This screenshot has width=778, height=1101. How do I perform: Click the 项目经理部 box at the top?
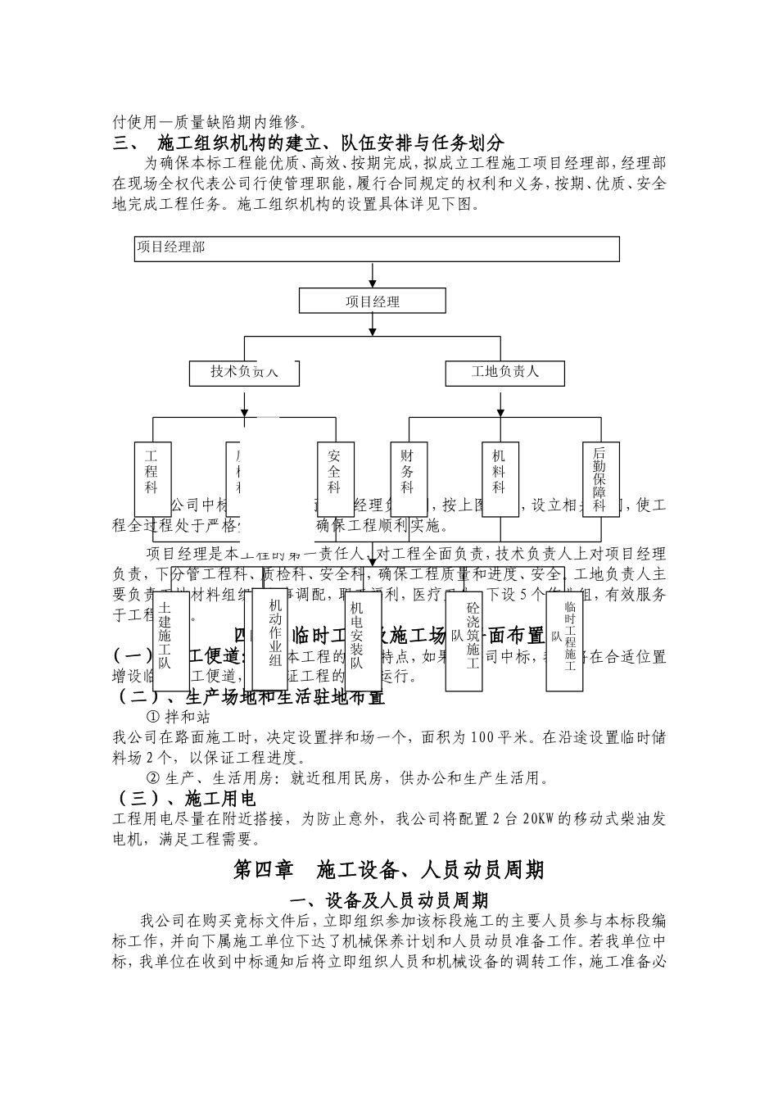(x=377, y=248)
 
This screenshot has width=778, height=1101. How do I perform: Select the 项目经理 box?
(x=373, y=301)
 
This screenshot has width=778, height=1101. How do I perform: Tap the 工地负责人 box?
(x=505, y=372)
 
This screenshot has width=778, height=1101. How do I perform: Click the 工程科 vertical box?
(x=152, y=479)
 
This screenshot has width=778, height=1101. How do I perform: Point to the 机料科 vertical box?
(x=500, y=479)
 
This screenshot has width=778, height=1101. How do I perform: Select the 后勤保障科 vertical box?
(x=600, y=479)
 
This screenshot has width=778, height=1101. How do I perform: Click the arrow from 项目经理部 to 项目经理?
(x=373, y=275)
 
